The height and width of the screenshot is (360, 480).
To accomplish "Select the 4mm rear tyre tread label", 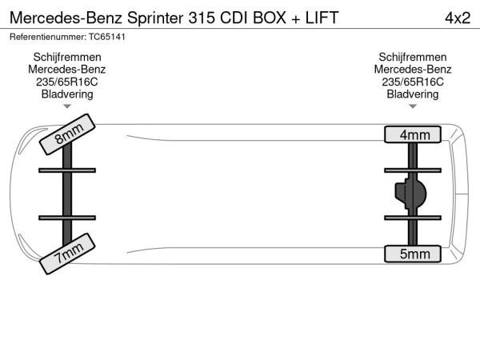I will coord(414,134).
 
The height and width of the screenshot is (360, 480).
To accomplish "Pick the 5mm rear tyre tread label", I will coord(414,254).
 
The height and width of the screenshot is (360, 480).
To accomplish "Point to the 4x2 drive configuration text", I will coord(457,18).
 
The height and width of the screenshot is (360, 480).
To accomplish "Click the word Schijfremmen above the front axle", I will coord(67,57).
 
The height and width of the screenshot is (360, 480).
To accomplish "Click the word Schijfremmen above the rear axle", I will coord(413,57).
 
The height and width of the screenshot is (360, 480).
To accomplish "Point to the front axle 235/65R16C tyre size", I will coord(67,82).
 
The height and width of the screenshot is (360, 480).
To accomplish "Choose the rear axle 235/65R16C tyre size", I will coord(413,82).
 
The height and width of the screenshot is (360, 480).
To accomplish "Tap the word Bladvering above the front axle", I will coord(67,94).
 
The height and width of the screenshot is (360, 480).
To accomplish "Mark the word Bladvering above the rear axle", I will coord(413,94).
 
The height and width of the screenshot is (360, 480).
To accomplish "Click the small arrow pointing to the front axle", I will coord(67,106).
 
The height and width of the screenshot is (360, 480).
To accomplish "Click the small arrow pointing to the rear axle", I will coord(413,106).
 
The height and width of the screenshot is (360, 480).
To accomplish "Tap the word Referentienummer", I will coord(45,37).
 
